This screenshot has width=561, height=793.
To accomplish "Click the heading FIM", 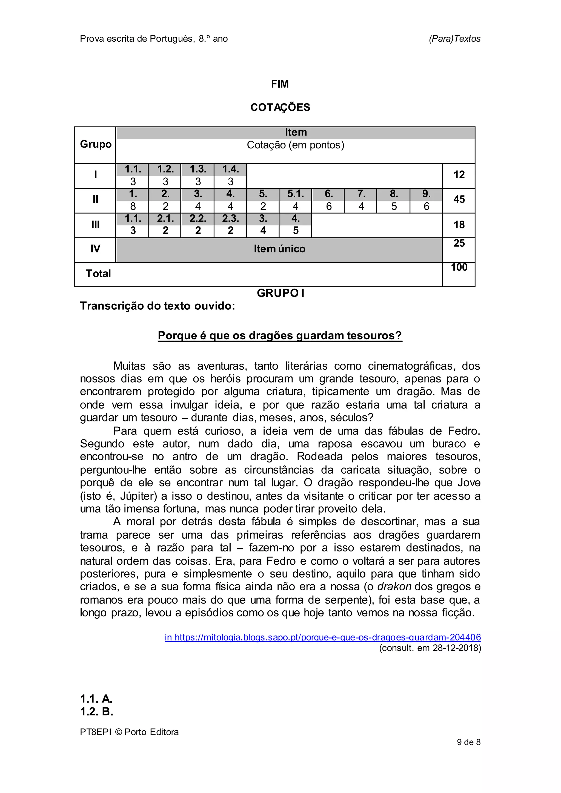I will [x=280, y=84].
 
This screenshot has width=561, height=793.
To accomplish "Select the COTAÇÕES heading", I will [x=280, y=107].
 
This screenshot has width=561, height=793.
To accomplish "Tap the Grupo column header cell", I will [x=96, y=144].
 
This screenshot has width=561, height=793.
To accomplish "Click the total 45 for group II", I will [x=459, y=199].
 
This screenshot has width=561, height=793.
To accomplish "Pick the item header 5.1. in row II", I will [x=295, y=194].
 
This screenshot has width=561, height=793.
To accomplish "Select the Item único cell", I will [x=279, y=249].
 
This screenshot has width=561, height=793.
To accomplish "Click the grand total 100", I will [x=459, y=267].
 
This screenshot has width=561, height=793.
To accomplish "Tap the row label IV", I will [x=95, y=249].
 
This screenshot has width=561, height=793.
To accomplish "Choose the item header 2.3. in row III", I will [x=230, y=219].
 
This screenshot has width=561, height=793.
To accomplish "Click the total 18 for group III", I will [x=459, y=225].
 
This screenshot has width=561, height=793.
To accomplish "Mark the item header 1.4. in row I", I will [x=230, y=169].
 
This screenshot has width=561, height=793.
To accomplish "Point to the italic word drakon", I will [x=394, y=587].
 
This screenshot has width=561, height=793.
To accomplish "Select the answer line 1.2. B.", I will [x=97, y=711].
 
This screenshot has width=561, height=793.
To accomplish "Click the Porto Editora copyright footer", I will [x=129, y=732].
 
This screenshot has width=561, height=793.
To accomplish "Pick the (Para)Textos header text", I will [x=455, y=39].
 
